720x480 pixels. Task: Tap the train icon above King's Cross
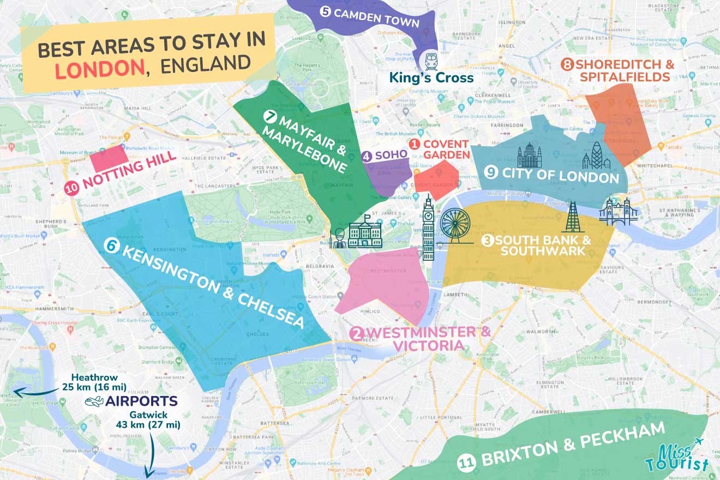430,58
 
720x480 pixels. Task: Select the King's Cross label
431,78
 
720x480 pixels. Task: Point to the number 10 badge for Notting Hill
72,188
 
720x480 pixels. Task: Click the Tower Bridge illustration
618,212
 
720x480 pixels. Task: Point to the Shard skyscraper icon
573,218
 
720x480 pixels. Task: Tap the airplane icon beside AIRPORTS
94,402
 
